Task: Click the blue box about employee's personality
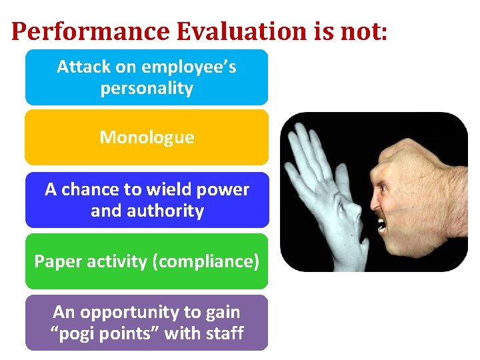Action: (x=147, y=77)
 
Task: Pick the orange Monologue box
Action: (x=147, y=137)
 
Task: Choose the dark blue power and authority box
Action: (x=147, y=200)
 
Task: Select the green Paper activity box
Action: (x=147, y=261)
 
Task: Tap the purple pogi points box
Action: (x=147, y=323)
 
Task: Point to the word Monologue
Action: (x=147, y=138)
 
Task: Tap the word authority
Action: (x=170, y=211)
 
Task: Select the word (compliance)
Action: (x=206, y=262)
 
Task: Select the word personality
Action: (x=147, y=89)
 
